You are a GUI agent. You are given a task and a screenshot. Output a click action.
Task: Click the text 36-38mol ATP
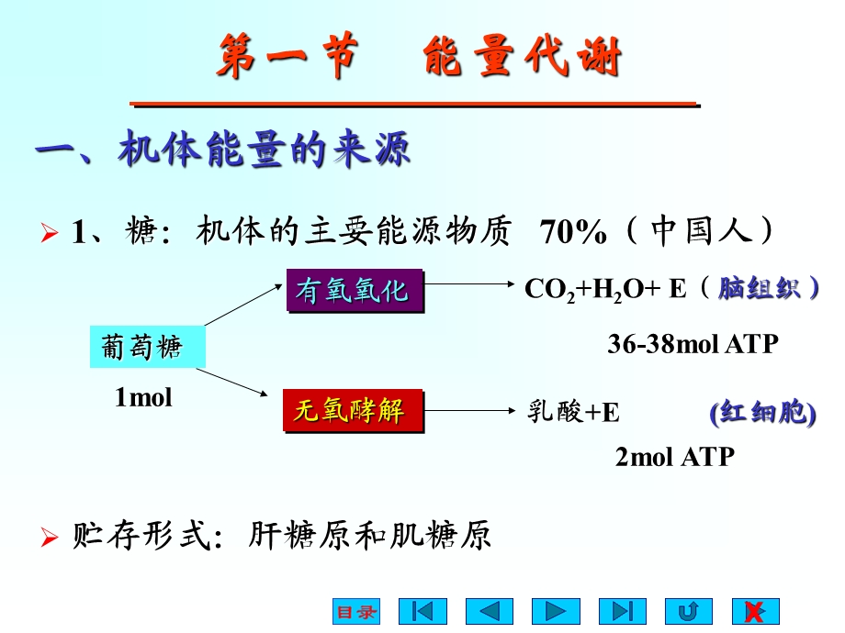[x=693, y=344]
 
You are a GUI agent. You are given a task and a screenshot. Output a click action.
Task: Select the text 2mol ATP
[x=675, y=457]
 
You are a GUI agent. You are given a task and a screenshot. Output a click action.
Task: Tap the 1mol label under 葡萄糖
[x=143, y=398]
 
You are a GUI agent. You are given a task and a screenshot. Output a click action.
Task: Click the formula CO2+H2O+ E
[x=605, y=289]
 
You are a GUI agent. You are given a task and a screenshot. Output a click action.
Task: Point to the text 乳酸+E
[x=573, y=413]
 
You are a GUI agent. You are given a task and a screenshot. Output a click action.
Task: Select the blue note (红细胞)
[x=762, y=413]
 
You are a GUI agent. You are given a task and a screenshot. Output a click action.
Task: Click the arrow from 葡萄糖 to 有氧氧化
[x=244, y=305]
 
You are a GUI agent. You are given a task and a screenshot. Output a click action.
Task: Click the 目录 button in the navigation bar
[x=355, y=612]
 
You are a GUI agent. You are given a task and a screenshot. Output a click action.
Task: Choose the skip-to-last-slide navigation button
[x=623, y=612]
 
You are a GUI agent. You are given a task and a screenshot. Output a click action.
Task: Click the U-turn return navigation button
[x=688, y=612]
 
